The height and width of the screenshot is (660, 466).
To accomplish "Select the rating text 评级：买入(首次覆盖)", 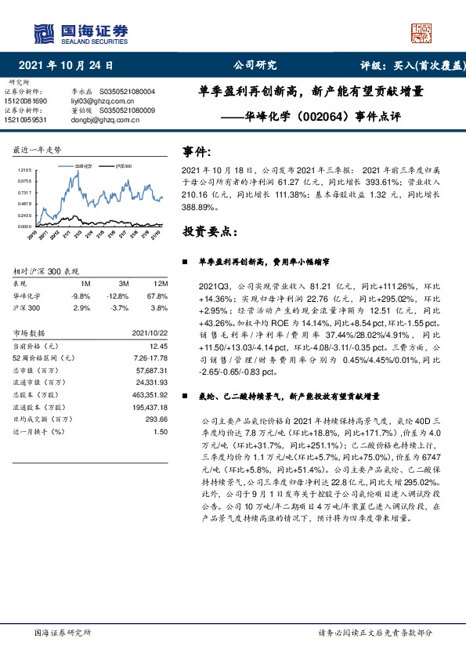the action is (x=409, y=65).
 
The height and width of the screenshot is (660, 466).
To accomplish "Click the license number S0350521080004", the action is (x=129, y=92).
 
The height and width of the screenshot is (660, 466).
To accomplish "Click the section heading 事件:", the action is (x=197, y=151).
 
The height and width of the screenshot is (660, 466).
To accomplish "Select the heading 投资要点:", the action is (x=208, y=232).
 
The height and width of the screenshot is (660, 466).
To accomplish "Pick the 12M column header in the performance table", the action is (x=161, y=282).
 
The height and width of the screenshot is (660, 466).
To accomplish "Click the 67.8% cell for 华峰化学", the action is (x=157, y=296).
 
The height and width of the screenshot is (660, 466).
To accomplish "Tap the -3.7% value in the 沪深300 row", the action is (x=121, y=309).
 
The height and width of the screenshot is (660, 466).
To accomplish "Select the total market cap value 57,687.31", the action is (x=152, y=370).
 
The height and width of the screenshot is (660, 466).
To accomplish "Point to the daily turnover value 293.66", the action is (x=157, y=419).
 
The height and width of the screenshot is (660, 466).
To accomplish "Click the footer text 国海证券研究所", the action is (x=63, y=633).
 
